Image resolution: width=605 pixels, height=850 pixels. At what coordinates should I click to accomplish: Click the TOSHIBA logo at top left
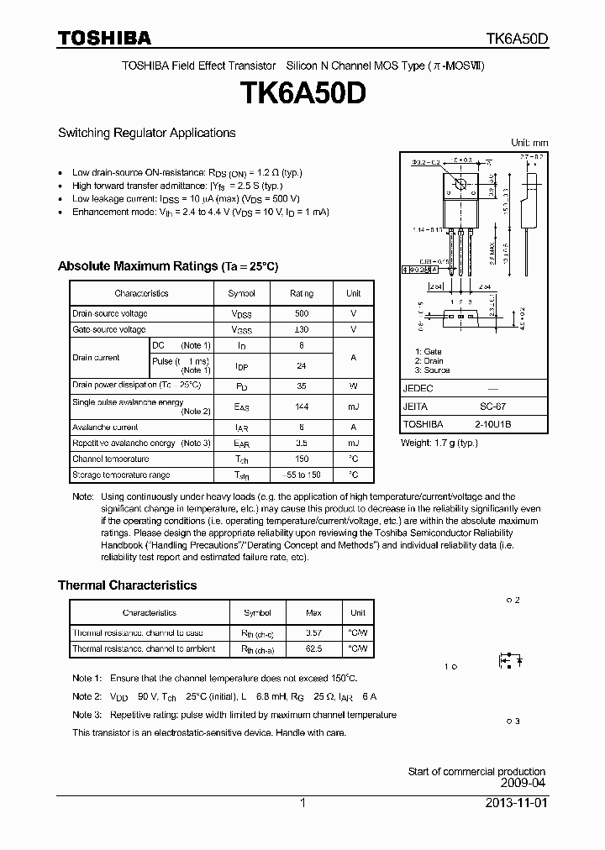[x=104, y=38]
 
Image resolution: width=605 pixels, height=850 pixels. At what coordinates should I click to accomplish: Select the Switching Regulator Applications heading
[x=146, y=133]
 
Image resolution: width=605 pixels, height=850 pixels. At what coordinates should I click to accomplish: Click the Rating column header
[x=302, y=293]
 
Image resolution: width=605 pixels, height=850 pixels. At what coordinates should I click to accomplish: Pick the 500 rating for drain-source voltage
[x=302, y=313]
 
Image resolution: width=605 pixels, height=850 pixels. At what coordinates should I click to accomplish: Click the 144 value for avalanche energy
[x=302, y=407]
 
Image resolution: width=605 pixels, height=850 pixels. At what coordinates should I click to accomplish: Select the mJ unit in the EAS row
[x=353, y=407]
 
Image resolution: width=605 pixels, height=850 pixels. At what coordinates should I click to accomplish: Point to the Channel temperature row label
[x=110, y=459]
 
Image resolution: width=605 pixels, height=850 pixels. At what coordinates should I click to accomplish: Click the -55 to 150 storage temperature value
[x=302, y=475]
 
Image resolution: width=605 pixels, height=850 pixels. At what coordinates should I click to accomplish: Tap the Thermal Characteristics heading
[x=127, y=585]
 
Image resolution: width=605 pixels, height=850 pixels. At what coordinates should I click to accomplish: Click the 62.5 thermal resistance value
[x=313, y=649]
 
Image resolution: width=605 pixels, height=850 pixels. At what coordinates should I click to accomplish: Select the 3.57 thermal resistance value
[x=313, y=633]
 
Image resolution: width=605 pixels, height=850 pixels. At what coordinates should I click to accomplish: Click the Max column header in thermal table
[x=313, y=613]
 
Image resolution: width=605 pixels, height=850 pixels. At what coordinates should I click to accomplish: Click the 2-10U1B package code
[x=492, y=425]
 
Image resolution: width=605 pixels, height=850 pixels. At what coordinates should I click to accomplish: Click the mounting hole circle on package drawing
[x=460, y=184]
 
